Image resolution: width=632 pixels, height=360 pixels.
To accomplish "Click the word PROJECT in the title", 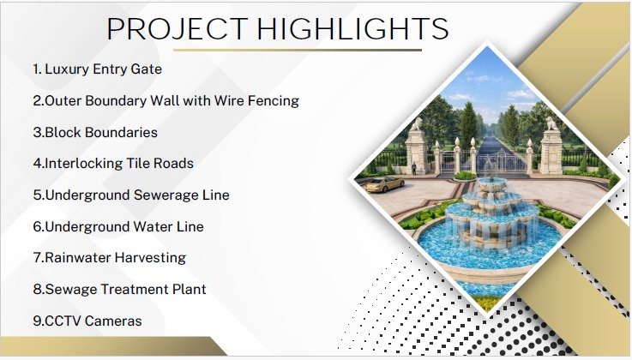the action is pos(177,29).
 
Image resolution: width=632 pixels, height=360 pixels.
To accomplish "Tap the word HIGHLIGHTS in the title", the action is pos(352,28).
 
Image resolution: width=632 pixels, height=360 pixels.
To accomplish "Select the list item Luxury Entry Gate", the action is pos(98,69).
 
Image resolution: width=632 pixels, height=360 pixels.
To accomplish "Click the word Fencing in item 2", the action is pos(274,101).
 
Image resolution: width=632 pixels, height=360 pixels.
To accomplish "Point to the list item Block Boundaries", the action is pos(95,133).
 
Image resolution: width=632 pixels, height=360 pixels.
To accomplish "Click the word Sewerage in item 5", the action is pos(166,195).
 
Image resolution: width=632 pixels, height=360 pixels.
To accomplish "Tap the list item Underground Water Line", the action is pos(118,226).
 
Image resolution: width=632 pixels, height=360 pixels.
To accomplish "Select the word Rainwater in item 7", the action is pos(79,258).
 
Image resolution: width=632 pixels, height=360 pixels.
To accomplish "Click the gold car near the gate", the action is pos(385,184).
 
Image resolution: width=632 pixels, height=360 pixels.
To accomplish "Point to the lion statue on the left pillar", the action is pos(416,124).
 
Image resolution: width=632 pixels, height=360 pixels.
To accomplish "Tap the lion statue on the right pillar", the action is pos(551,123).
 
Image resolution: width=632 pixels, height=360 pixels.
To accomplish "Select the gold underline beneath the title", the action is pos(298,51).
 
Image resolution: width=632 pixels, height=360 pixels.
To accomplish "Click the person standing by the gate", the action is pos(414,169).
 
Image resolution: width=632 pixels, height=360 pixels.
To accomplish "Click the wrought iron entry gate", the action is pos(484,162).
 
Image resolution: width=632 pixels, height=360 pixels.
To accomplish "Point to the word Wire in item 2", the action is pos(229,100).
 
